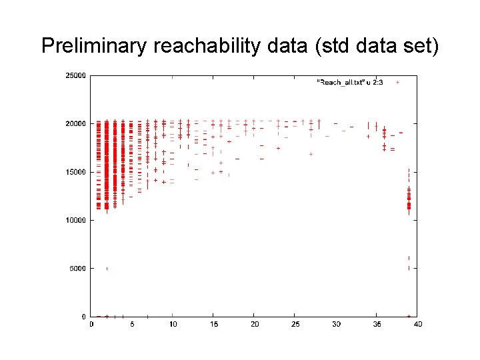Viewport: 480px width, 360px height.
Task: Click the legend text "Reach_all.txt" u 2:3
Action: pos(349,82)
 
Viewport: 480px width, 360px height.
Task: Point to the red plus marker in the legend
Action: pos(397,82)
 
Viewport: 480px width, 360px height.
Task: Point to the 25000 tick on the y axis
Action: pos(75,75)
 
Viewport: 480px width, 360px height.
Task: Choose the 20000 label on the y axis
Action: pos(75,123)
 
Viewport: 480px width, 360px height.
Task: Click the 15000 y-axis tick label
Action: pos(75,172)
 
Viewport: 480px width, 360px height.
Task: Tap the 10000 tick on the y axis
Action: pos(75,220)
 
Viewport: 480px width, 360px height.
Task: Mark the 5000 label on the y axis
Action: pos(77,269)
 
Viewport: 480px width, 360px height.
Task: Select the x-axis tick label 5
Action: pos(132,325)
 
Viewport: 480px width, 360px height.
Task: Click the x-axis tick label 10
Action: pos(173,325)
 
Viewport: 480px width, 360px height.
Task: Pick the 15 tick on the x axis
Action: pos(213,325)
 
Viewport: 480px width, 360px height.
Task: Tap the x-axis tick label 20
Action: pos(255,325)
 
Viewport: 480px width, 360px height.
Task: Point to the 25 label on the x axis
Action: pos(295,325)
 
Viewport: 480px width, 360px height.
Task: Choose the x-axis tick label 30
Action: pos(336,325)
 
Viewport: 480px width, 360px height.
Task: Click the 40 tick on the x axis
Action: pos(418,325)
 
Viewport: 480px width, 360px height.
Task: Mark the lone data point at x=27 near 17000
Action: pos(311,154)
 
